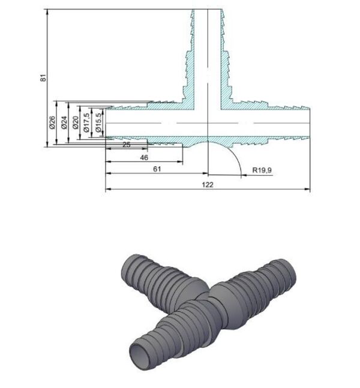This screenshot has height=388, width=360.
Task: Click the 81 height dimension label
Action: pos(43,78)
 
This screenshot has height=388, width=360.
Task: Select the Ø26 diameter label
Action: pos(52,122)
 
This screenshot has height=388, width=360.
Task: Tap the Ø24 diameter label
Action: pos(64,122)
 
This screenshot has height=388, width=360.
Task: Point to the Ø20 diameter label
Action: pos(76,123)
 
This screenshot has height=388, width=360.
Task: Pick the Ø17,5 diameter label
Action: pos(86,123)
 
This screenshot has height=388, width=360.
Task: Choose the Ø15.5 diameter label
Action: pos(98,123)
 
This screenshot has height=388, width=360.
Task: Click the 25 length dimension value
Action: pos(127,145)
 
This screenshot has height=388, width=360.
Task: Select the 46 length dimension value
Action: pos(144,158)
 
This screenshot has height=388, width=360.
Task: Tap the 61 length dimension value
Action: pos(157,169)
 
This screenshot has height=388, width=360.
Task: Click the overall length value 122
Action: pos(208,185)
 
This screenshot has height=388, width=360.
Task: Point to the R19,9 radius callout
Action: pos(262,170)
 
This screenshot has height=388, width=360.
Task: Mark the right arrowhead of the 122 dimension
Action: pos(307,190)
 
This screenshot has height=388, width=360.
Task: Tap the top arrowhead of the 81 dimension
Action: pos(47,12)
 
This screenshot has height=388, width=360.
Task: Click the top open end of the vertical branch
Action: pos(208,10)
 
